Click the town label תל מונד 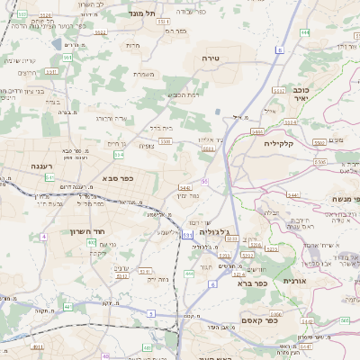click(x=144, y=13)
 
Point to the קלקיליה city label click(x=280, y=143)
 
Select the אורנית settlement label click(x=295, y=281)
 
